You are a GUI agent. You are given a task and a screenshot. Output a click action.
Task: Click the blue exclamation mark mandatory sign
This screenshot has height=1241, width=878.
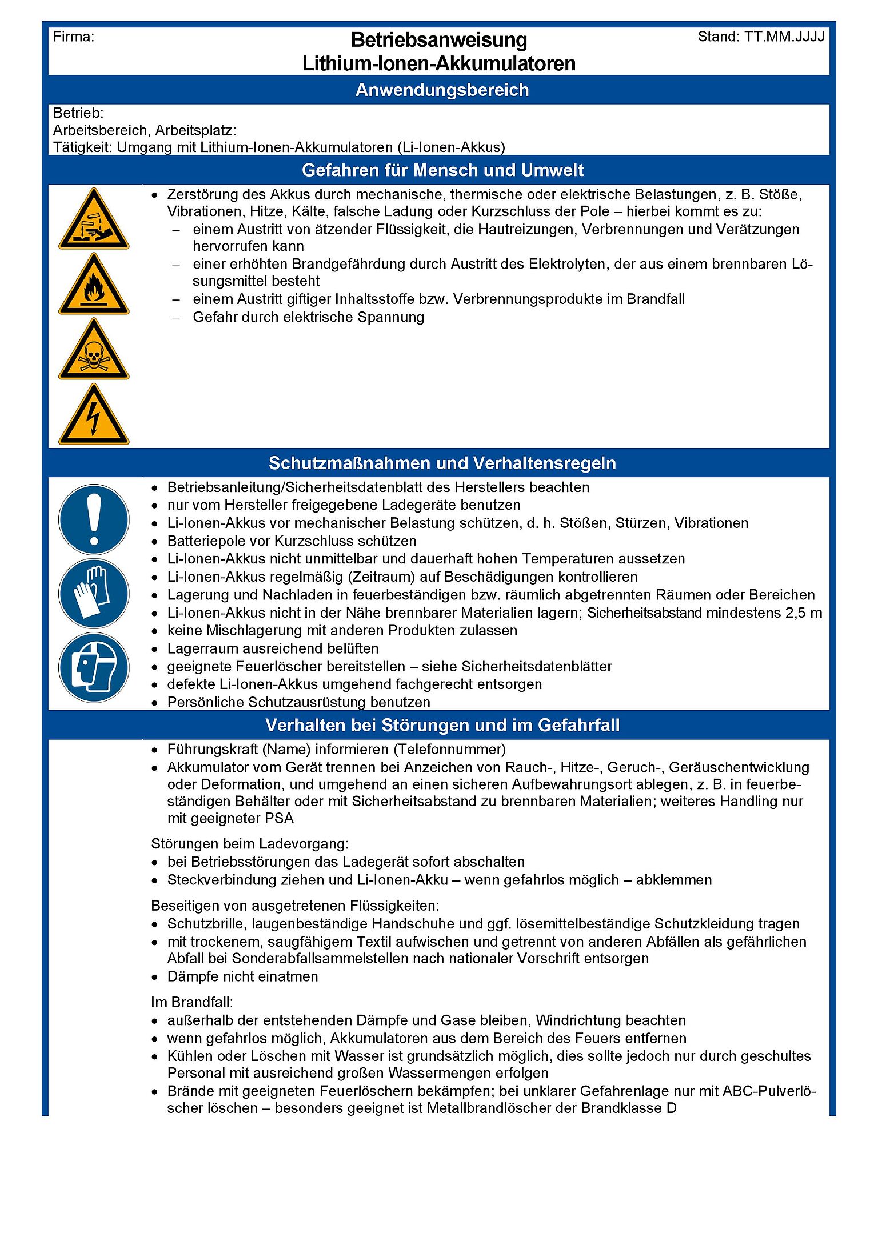click(94, 519)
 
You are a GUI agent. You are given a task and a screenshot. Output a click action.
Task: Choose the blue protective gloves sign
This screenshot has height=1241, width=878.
click(94, 594)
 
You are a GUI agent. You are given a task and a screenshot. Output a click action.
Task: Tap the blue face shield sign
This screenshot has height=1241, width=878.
click(94, 667)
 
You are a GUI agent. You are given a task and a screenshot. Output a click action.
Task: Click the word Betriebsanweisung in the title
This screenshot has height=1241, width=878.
click(438, 40)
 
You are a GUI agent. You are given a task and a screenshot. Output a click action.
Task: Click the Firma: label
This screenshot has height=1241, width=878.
click(73, 37)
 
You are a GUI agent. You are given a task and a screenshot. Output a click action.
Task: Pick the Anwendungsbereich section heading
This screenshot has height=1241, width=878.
click(442, 90)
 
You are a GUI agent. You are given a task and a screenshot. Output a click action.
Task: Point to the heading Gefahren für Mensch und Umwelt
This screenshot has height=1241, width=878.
click(442, 170)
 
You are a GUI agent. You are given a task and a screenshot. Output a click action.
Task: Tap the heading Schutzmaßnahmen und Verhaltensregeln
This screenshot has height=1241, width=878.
click(442, 463)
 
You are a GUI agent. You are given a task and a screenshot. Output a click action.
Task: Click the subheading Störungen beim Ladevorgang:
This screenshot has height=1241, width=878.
click(250, 844)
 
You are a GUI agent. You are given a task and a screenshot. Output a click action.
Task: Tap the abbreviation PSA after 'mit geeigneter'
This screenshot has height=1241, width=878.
click(278, 818)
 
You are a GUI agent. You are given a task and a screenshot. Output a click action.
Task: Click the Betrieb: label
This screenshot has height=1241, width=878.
click(78, 113)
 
